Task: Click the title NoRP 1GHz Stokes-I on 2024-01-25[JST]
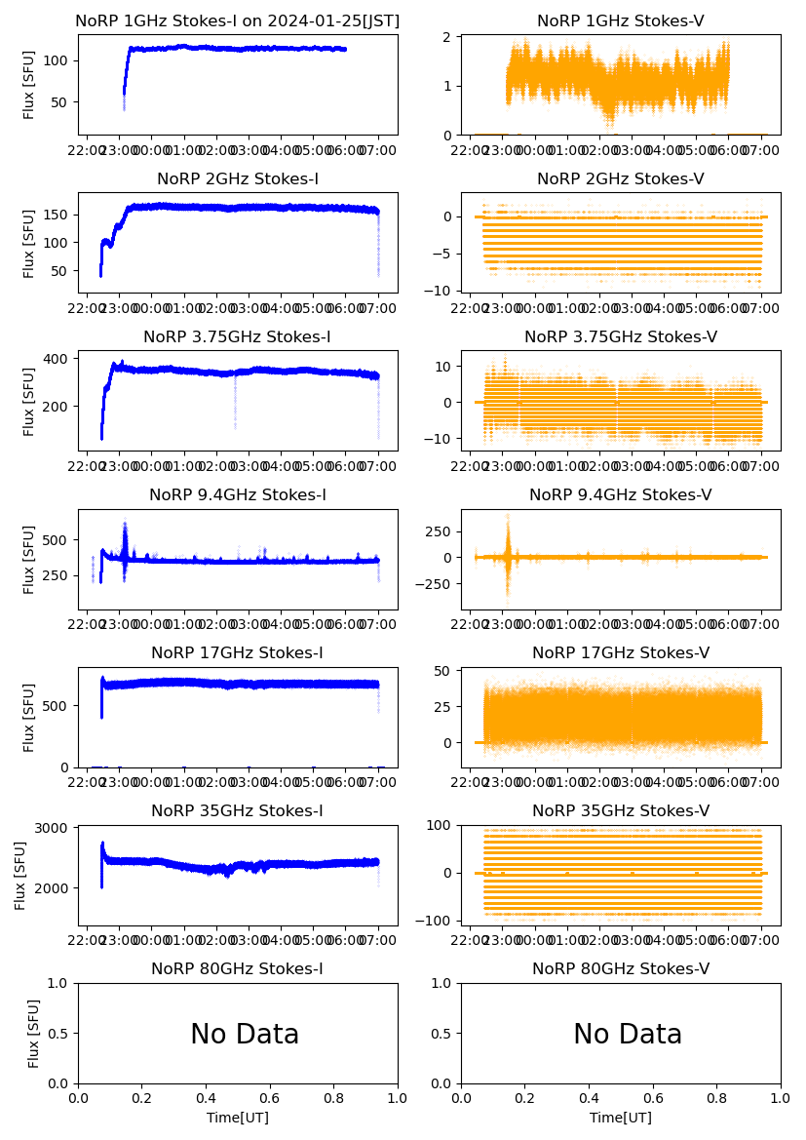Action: coord(238,21)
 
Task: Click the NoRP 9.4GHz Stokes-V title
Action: coord(621,495)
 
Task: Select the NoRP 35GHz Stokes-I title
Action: coord(238,811)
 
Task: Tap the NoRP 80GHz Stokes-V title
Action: coord(621,969)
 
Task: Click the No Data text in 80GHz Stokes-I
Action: coord(245,1035)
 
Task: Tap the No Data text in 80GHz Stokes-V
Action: coord(628,1035)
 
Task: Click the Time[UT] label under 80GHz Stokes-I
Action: coord(238,1118)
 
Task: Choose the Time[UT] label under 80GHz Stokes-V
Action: coord(621,1118)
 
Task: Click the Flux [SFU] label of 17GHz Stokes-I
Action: coord(28,718)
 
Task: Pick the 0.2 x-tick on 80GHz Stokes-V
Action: coord(526,1097)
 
